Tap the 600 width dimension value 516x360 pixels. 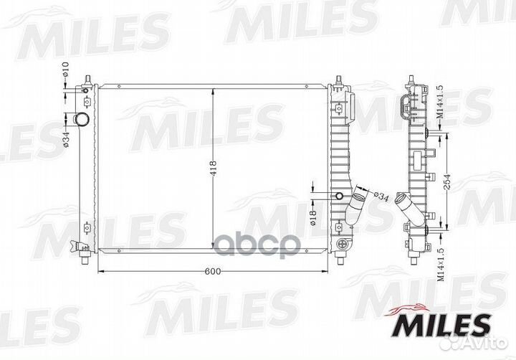pos(213,271)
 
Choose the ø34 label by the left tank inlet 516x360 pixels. pos(64,136)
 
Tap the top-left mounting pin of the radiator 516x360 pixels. pos(87,77)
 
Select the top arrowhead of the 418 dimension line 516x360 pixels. pos(213,89)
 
